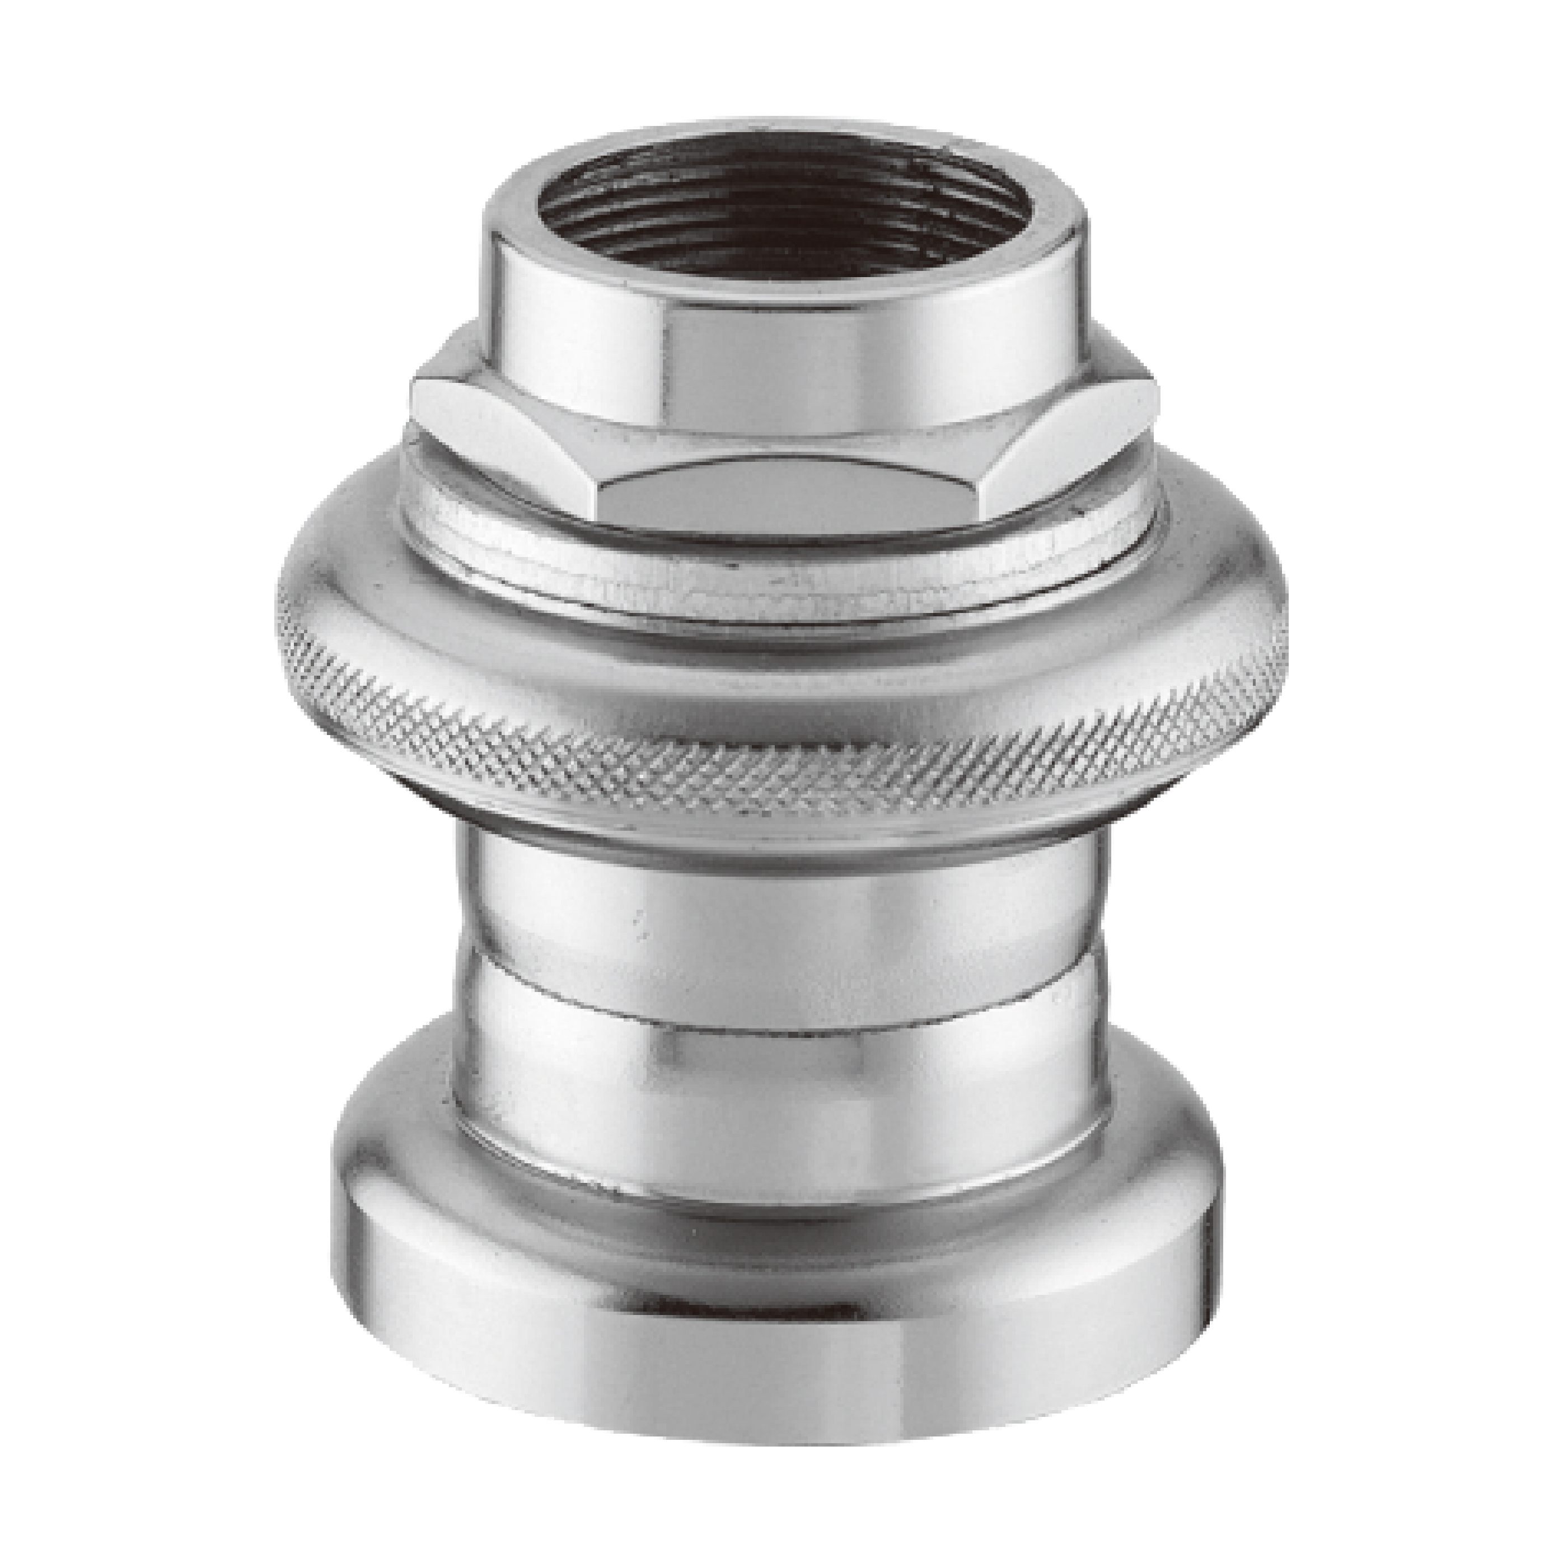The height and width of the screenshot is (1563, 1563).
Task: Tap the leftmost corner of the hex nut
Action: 414,396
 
